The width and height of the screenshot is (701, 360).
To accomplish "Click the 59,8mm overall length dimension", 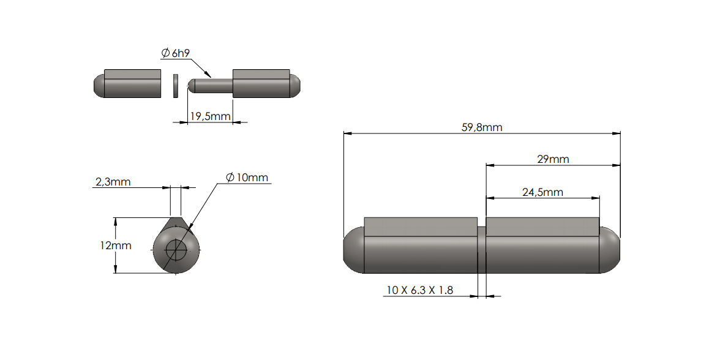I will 481,127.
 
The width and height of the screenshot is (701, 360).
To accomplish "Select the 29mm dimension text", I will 553,159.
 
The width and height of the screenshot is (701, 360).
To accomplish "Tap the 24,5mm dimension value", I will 542,192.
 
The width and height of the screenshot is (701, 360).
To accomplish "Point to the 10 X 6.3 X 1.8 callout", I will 419,290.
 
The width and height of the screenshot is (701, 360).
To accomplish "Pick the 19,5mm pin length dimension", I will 210,116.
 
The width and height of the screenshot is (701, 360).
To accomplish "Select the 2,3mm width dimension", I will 113,182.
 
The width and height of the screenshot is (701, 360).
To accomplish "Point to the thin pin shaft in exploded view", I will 211,85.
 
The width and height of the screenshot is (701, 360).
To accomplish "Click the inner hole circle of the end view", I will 176,249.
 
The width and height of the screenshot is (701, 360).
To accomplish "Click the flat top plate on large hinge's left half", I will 420,227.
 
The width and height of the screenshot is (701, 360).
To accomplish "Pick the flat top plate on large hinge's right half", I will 542,227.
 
